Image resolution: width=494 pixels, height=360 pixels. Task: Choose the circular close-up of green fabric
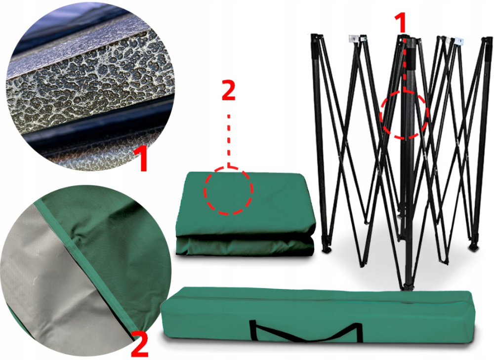tap(85, 272)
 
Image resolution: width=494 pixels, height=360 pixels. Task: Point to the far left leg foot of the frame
tap(327, 249)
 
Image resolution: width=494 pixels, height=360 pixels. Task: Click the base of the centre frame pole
tap(409, 286)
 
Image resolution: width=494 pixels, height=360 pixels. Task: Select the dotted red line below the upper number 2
tap(229, 140)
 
